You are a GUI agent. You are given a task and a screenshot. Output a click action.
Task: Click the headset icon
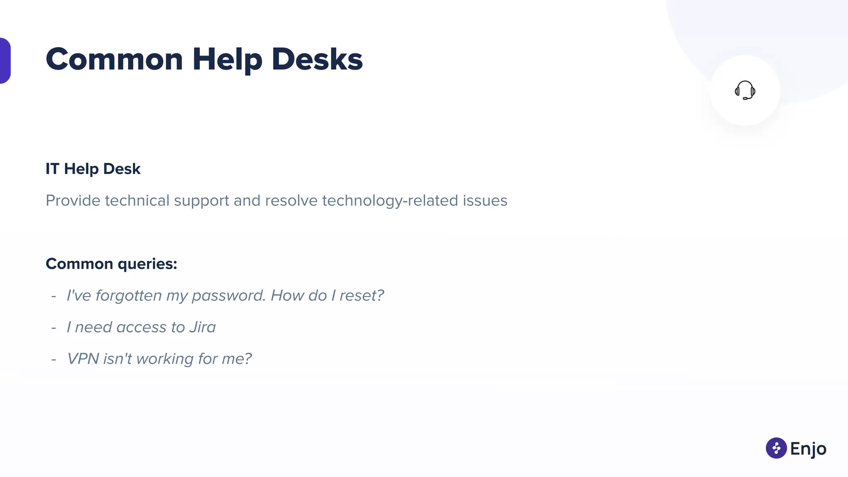click(x=745, y=90)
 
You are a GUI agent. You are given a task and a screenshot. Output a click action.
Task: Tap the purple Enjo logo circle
click(x=776, y=448)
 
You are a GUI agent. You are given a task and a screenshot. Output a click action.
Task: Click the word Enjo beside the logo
click(x=808, y=449)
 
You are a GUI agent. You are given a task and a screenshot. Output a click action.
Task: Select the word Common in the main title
click(x=114, y=59)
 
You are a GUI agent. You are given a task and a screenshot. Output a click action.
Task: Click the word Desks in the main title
click(x=317, y=59)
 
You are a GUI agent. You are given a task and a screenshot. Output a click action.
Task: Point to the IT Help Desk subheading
click(x=93, y=169)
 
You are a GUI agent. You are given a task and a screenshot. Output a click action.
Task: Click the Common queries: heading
click(x=111, y=264)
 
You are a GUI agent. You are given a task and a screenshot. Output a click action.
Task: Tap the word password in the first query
click(x=228, y=296)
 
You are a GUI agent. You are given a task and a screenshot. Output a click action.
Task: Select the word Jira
click(x=202, y=327)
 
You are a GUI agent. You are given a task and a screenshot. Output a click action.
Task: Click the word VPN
click(x=83, y=359)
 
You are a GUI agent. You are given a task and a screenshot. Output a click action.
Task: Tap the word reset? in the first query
click(x=361, y=296)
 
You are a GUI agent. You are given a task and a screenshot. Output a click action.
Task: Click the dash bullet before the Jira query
click(x=54, y=328)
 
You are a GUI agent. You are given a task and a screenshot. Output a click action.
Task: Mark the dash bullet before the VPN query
click(x=54, y=359)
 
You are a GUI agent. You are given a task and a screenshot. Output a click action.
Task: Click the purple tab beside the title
click(x=5, y=60)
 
